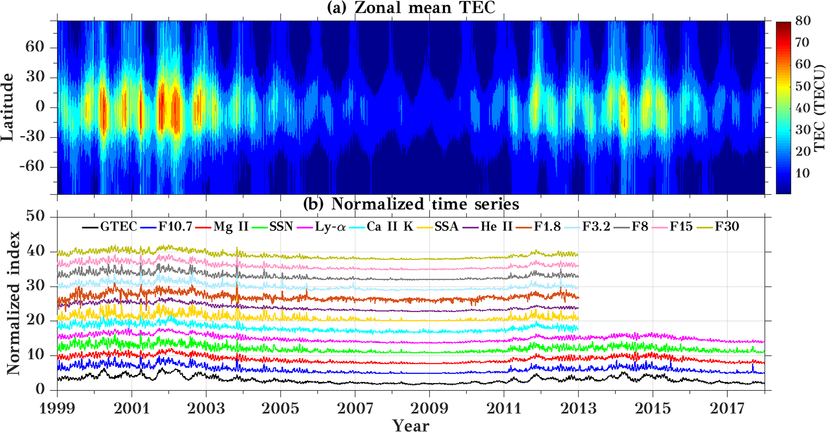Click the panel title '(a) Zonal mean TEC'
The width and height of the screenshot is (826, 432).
click(x=411, y=8)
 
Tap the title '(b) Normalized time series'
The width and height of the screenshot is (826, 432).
click(x=411, y=204)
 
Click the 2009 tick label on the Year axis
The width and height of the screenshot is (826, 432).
click(x=430, y=408)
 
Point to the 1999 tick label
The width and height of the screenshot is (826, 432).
click(x=57, y=408)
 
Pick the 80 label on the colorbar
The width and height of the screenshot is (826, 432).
click(x=802, y=21)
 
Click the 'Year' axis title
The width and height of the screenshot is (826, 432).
click(x=411, y=425)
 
